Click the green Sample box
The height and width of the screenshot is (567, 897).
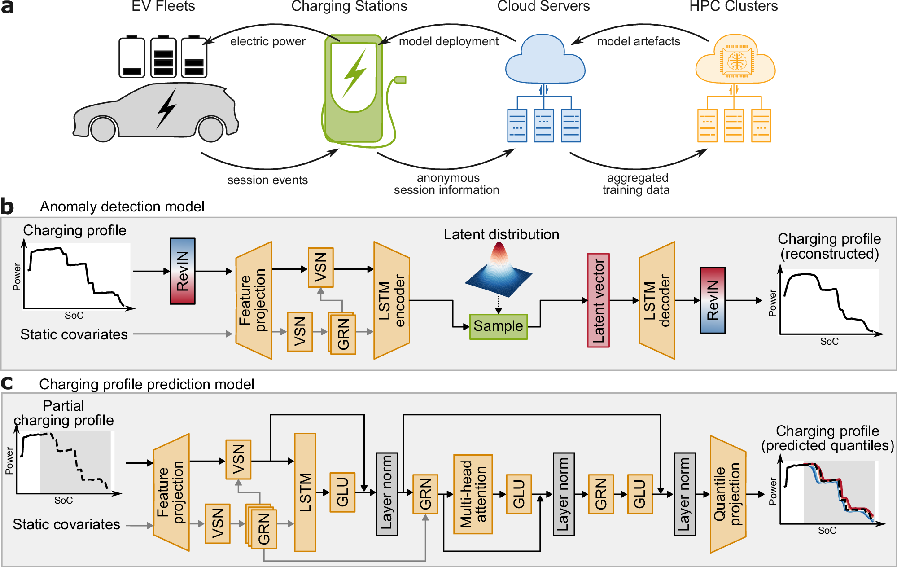[x=498, y=326]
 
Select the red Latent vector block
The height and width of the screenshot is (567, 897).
[x=598, y=300]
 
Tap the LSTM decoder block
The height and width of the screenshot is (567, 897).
[x=657, y=300]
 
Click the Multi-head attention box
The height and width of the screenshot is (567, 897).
[x=473, y=494]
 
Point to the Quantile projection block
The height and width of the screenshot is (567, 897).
[x=727, y=494]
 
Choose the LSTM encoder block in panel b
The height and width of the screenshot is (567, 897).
[x=392, y=300]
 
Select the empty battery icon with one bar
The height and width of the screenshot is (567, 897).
[x=131, y=57]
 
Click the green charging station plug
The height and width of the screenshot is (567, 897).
[x=399, y=80]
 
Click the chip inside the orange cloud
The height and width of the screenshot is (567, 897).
[x=736, y=61]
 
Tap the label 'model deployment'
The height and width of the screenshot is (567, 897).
[x=448, y=41]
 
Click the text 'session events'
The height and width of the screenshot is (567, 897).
[x=267, y=180]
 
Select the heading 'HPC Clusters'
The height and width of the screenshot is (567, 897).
[x=733, y=6]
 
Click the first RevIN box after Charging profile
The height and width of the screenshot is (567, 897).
[x=182, y=271]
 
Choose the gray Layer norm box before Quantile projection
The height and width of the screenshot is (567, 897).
[x=684, y=494]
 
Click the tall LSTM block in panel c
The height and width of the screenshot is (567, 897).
[x=305, y=492]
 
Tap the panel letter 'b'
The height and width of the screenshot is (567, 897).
[x=7, y=207]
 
